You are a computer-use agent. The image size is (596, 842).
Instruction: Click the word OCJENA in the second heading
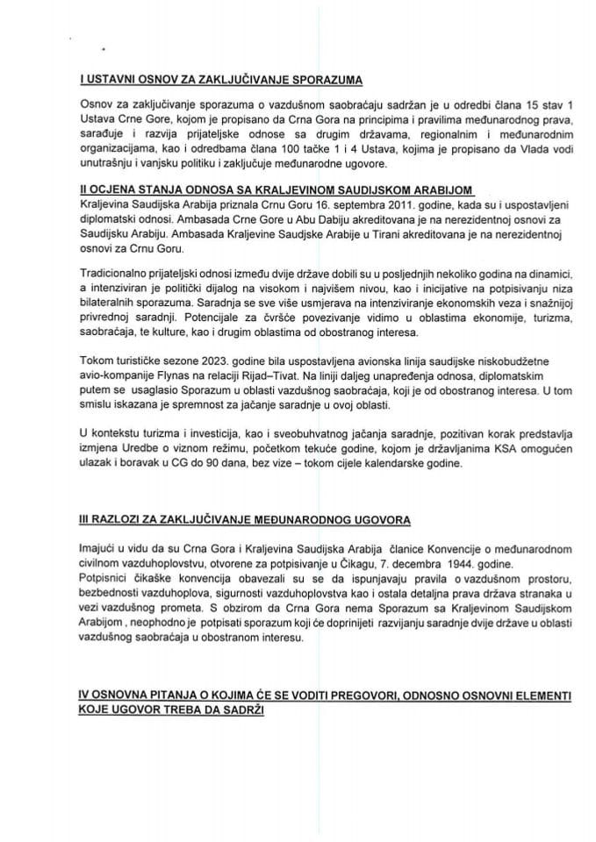[110, 189]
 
